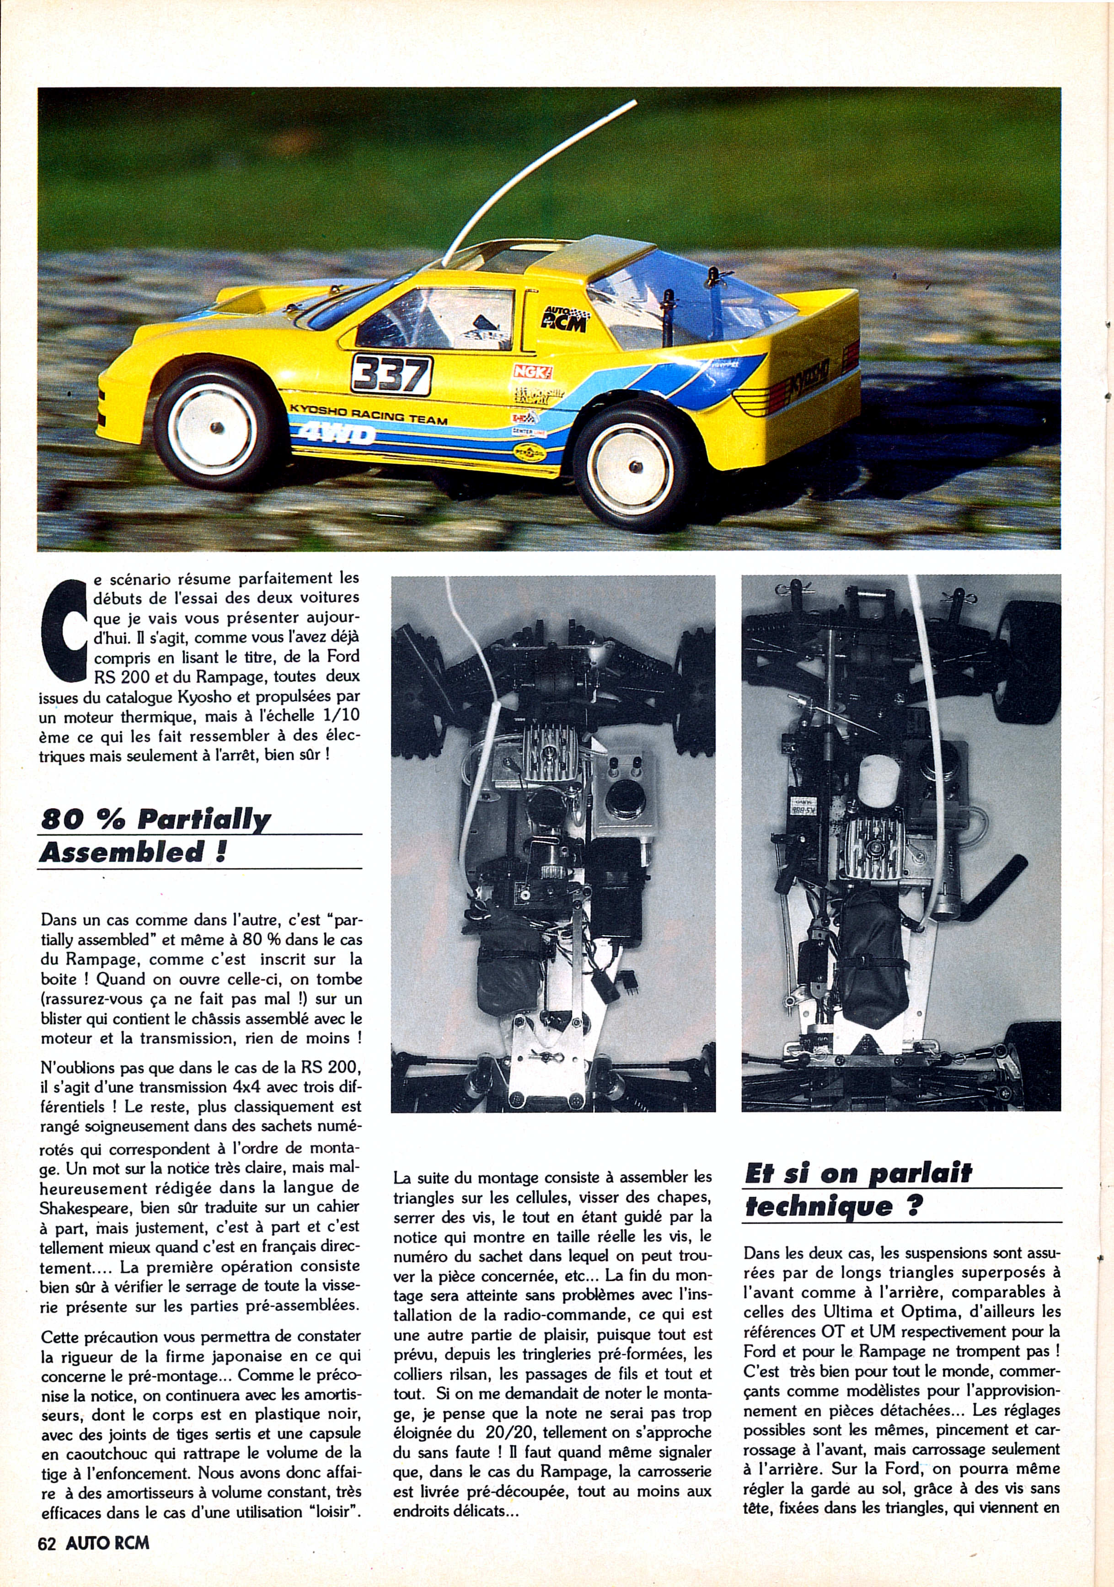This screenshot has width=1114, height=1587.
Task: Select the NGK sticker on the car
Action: pos(532,371)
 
